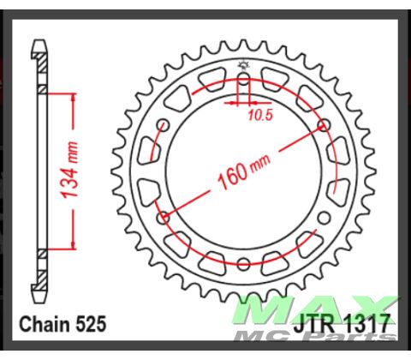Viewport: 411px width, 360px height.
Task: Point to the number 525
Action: tap(92, 325)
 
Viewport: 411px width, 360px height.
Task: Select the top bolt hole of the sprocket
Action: tap(244, 80)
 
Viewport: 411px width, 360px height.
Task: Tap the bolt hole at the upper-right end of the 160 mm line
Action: tap(324, 126)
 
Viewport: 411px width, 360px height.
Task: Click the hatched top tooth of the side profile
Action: tap(40, 51)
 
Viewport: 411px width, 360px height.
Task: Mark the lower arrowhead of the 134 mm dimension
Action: tap(78, 247)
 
